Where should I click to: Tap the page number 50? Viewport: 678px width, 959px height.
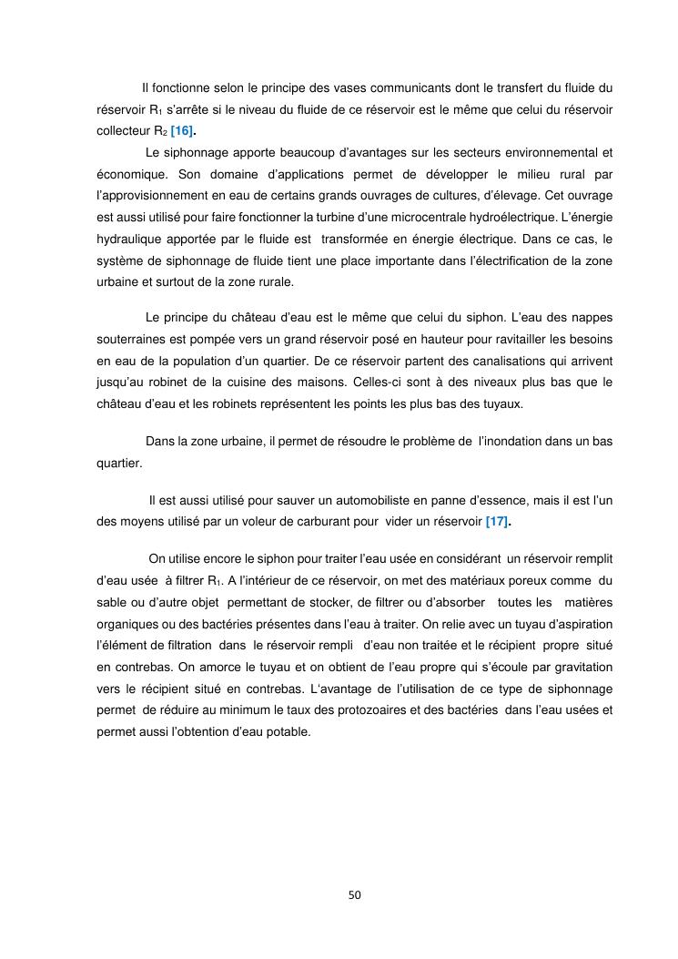(355, 894)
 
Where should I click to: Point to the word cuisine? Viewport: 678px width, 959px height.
(331, 382)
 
